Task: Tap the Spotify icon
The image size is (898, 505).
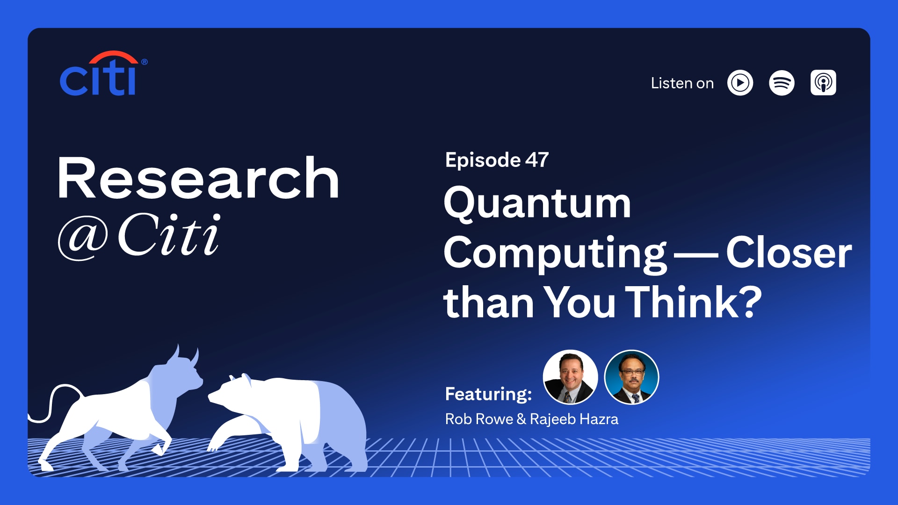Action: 782,83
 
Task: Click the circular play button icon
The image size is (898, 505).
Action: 740,83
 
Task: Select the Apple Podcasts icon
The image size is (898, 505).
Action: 823,83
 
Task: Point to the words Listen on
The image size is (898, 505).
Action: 682,83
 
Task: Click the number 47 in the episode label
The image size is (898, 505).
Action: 537,160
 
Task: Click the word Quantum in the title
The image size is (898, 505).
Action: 537,204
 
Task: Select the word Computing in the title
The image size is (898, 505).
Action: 555,253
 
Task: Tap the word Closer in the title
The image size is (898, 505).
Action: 789,252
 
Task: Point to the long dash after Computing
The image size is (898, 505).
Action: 696,255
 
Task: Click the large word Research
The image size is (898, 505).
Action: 198,178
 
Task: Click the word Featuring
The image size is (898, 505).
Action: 488,394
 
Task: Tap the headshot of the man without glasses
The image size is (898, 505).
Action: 570,377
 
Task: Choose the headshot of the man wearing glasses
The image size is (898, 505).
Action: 631,377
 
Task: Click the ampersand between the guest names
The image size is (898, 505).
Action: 521,419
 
